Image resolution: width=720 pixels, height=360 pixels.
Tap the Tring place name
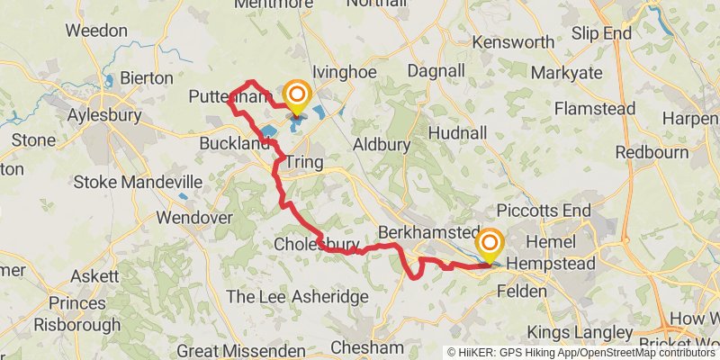tap(304, 162)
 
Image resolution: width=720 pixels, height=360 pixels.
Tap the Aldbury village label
tap(381, 143)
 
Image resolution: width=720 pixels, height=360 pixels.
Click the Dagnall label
tap(436, 70)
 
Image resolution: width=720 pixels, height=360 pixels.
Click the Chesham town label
tap(366, 347)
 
